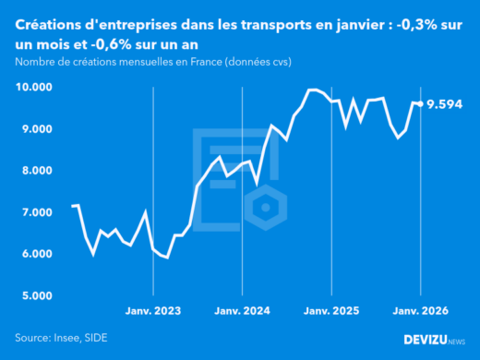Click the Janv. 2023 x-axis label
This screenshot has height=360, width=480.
tap(152, 311)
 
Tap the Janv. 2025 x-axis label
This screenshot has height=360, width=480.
tap(331, 311)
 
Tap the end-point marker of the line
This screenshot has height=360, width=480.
tap(421, 103)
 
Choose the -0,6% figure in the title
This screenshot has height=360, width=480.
tap(117, 43)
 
